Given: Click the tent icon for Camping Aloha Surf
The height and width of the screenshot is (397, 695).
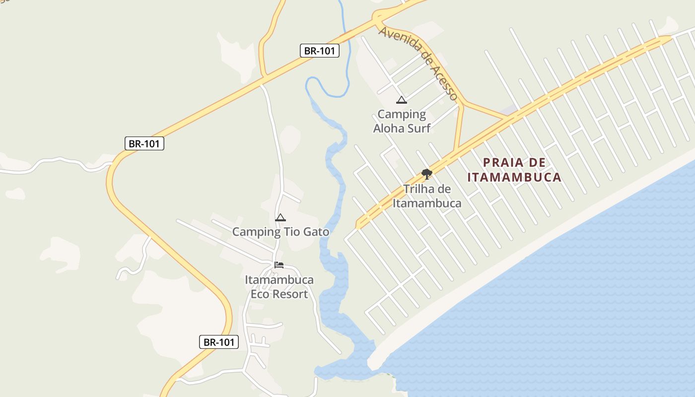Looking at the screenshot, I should [x=402, y=100].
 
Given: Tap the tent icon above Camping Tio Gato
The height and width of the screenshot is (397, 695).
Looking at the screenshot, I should [x=280, y=217].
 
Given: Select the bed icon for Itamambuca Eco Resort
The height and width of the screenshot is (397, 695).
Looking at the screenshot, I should [x=279, y=265].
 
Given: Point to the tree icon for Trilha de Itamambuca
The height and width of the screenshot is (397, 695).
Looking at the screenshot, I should [x=426, y=174].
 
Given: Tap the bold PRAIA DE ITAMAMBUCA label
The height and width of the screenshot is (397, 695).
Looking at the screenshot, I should [x=514, y=170].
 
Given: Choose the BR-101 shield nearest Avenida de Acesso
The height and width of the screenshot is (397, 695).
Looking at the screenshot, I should [x=320, y=51].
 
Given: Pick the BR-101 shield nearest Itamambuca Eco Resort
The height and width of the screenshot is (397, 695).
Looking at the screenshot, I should [x=219, y=342].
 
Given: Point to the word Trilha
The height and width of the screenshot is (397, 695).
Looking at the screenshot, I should [x=420, y=189].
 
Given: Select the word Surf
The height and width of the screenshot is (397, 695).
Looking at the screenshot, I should [x=420, y=128].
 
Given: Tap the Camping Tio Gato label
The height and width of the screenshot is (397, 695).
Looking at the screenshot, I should [x=280, y=232].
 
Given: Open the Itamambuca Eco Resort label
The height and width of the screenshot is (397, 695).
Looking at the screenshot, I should [x=279, y=287].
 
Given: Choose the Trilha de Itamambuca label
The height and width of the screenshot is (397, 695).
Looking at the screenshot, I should [x=427, y=196].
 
